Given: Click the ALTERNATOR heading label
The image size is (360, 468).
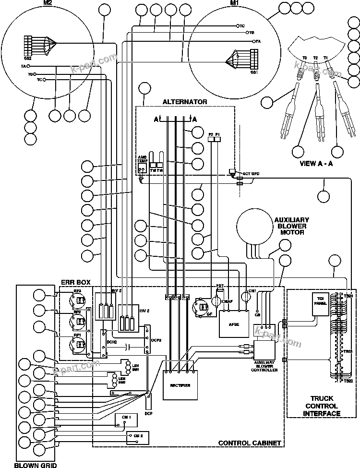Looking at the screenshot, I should point(185,102).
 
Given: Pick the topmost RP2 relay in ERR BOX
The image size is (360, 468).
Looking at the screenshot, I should point(77,300).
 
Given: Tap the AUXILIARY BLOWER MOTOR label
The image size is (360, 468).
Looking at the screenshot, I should point(291,226).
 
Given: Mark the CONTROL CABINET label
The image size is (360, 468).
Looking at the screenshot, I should point(249,443).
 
